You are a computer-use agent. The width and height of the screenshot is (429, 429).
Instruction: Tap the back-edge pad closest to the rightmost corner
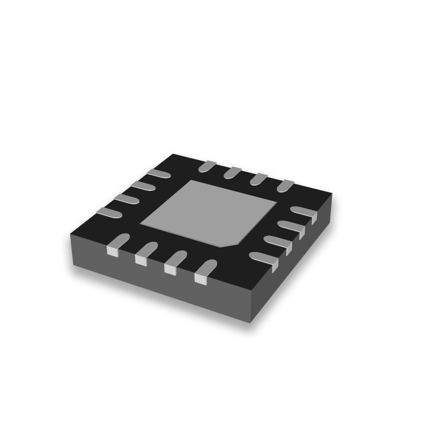pos(285,185)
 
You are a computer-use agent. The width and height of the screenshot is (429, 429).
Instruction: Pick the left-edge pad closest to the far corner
pos(158,173)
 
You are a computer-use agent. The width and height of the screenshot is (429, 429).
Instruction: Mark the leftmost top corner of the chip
pos(71,234)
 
